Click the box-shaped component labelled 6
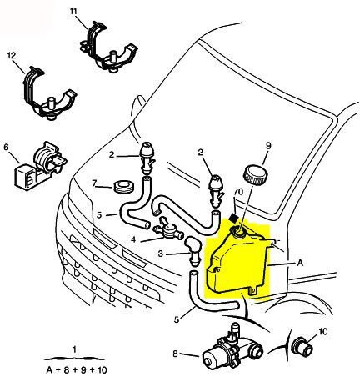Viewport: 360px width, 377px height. point(32,166)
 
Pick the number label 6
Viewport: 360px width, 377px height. point(7,148)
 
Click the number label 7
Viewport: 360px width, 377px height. point(95,183)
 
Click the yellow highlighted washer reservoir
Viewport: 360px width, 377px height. point(237,263)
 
